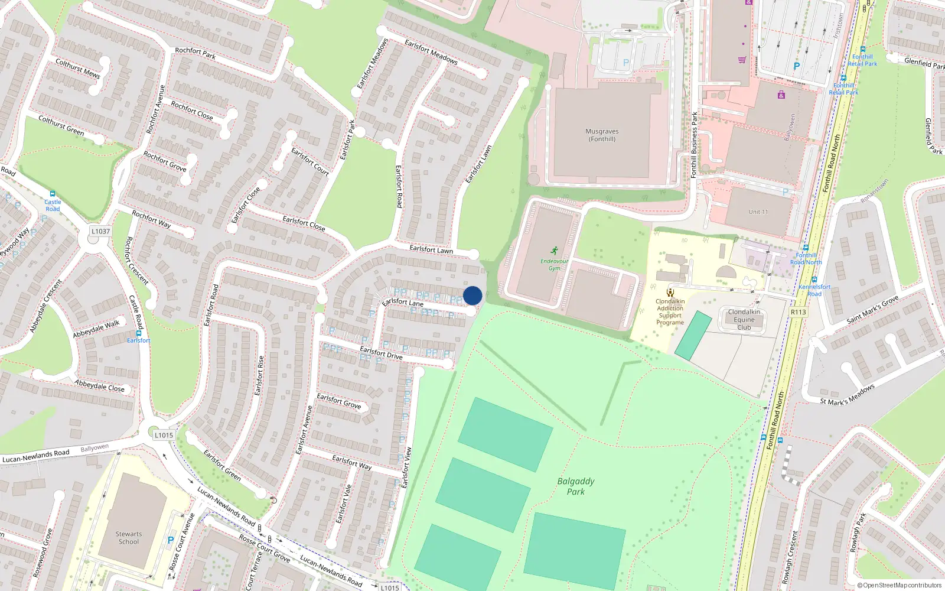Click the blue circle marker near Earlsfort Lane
coord(472,295)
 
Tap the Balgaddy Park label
coord(576,486)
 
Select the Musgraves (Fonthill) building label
coord(602,135)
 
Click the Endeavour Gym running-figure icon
coord(554,251)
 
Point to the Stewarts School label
coord(129,538)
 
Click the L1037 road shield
coord(100,231)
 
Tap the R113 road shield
coord(798,312)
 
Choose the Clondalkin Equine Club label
coord(744,320)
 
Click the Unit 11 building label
coord(758,212)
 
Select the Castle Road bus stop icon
coord(53,194)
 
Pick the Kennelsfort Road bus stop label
coord(814,290)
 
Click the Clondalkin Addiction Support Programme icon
coord(670,292)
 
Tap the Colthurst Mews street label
coord(78,69)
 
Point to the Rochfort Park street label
coord(195,53)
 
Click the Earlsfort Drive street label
coord(381,353)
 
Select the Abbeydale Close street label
coord(99,385)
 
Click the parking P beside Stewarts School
coord(171,540)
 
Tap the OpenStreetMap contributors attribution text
coord(900,586)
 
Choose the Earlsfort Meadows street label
coord(431,51)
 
